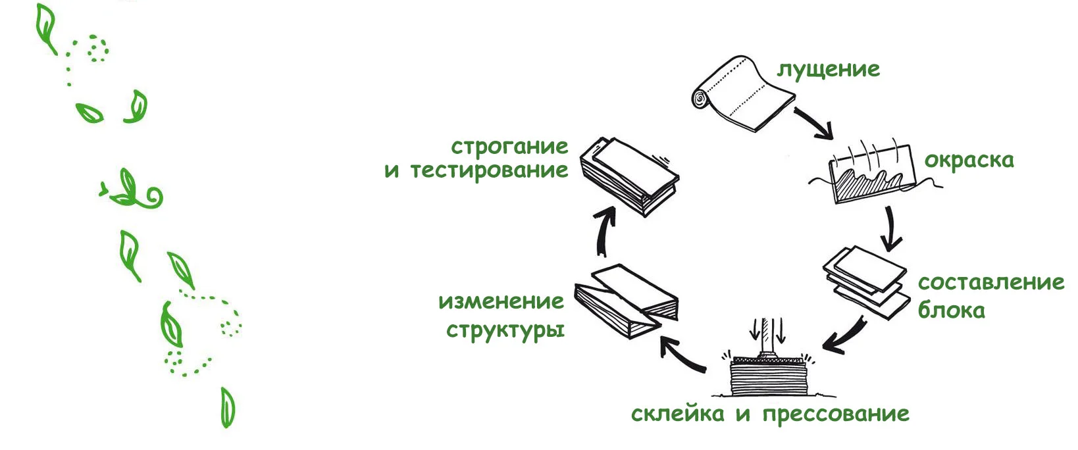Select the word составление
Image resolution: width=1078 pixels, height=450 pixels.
click(990, 283)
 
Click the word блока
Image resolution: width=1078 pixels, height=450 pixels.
click(951, 310)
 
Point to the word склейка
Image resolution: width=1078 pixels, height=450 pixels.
click(677, 414)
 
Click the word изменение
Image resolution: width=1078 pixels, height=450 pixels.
click(501, 302)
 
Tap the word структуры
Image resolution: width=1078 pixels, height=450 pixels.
click(505, 330)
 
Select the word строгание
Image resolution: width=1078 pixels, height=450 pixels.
click(509, 146)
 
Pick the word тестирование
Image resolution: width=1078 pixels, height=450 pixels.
click(489, 170)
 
